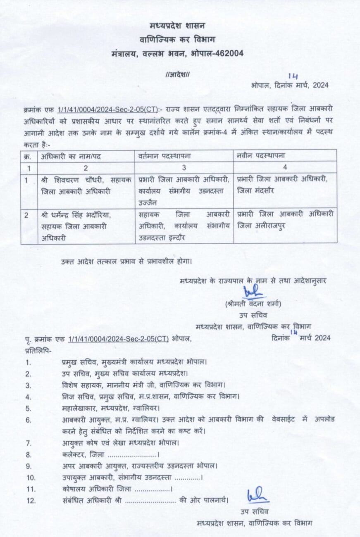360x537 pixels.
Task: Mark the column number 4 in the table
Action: click(x=285, y=167)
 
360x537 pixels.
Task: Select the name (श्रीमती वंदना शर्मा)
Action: click(x=254, y=304)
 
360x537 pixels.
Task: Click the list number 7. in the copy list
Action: click(x=29, y=443)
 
